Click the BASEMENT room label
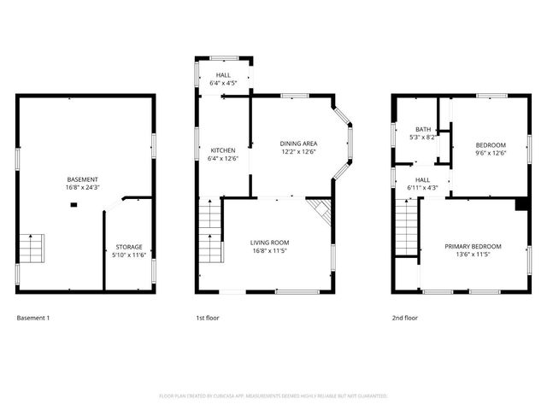click(83, 179)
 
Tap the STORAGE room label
click(129, 247)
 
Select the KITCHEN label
click(222, 149)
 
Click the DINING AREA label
click(298, 143)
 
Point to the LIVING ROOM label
click(269, 242)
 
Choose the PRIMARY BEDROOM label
click(473, 246)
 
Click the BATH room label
click(423, 129)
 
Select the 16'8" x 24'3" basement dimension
click(83, 188)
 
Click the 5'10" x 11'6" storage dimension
click(129, 255)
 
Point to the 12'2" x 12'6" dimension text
click(298, 152)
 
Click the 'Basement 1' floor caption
click(33, 319)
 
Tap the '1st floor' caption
click(208, 319)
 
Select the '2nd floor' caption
click(405, 319)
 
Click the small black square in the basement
click(74, 205)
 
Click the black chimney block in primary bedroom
click(521, 204)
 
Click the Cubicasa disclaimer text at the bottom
click(273, 396)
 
